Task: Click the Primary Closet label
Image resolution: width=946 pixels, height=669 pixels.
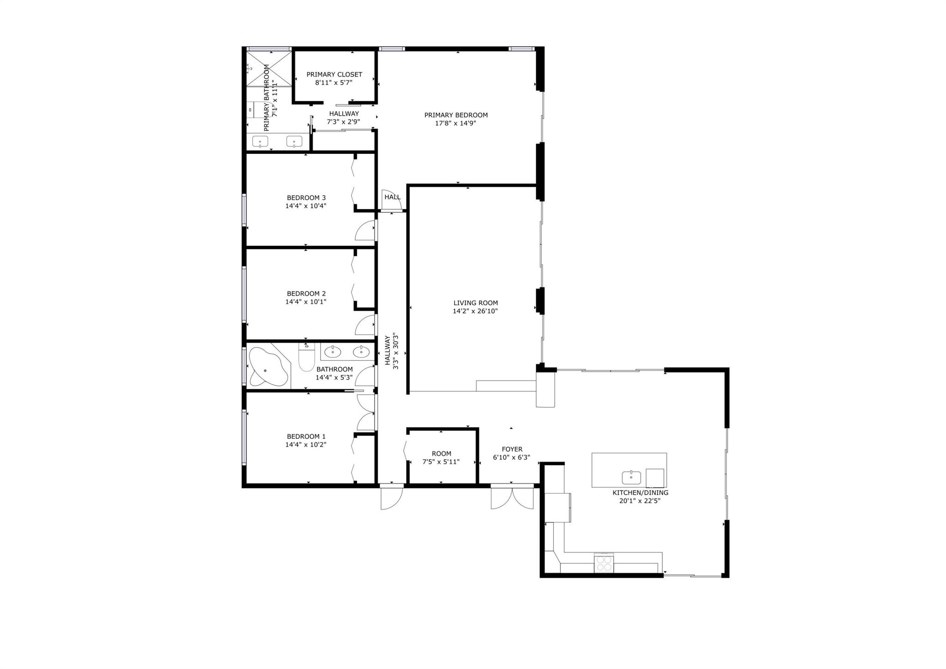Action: [334, 74]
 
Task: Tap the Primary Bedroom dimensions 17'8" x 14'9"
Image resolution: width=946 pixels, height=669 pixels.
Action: [455, 123]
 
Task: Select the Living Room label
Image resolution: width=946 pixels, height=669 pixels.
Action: [475, 303]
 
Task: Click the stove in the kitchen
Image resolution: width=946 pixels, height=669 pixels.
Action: [604, 563]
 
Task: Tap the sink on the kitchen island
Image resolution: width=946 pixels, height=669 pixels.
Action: [631, 477]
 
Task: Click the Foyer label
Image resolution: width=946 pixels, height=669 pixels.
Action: [512, 449]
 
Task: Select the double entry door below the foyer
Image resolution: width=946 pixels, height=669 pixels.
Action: [512, 497]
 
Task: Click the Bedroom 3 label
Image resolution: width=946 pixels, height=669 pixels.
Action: [306, 198]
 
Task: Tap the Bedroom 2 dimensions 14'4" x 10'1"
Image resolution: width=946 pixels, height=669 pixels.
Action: [306, 302]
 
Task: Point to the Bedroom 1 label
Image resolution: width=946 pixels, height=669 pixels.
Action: [306, 436]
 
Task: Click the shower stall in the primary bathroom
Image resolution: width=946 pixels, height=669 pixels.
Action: [269, 68]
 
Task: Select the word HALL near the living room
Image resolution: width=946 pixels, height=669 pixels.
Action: [393, 197]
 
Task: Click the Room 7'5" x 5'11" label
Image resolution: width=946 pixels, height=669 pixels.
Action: [441, 458]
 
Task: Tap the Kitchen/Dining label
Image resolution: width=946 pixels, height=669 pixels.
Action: [640, 493]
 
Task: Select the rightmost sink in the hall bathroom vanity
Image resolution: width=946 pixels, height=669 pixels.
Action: [361, 352]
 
